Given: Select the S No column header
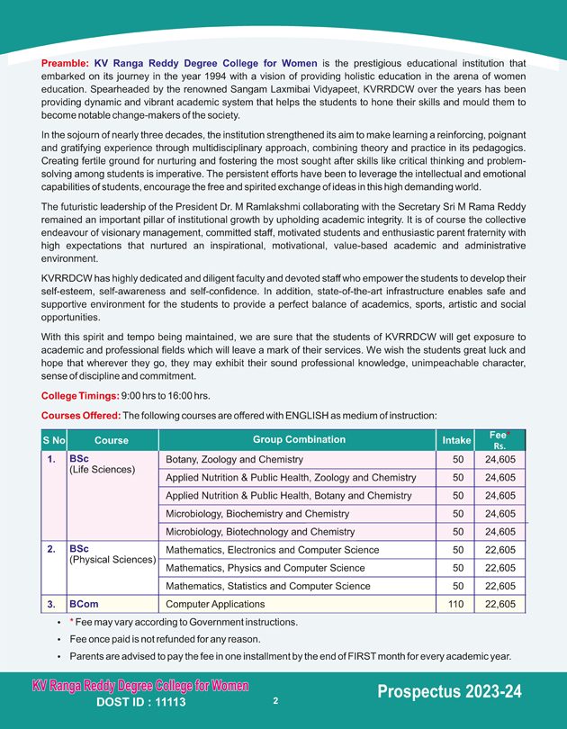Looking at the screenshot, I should (x=54, y=441).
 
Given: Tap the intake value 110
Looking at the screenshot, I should (x=457, y=605).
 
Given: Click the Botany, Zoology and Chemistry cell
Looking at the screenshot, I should (x=235, y=460).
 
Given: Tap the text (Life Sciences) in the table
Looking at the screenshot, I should (x=102, y=470).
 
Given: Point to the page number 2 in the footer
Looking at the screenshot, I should (x=275, y=699).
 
